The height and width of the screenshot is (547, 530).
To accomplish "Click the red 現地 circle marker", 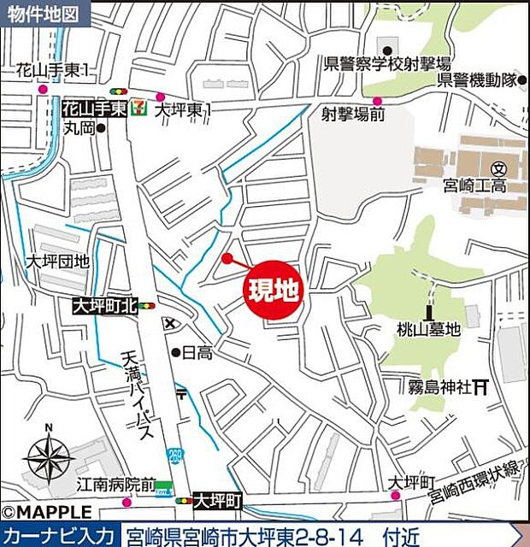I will (x=274, y=291).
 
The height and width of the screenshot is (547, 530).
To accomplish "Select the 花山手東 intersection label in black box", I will (x=94, y=109).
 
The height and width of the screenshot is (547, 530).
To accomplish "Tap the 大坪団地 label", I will (x=56, y=262).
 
